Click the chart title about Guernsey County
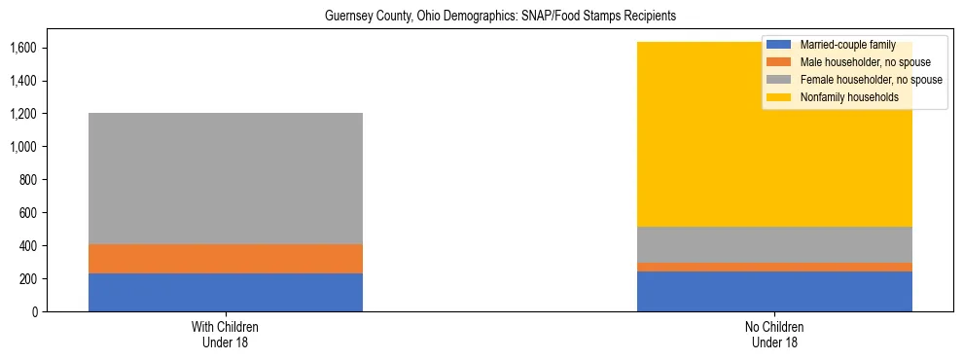click(x=481, y=17)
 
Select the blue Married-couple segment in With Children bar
click(x=226, y=292)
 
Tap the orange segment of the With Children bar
click(x=226, y=259)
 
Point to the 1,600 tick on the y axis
click(x=23, y=48)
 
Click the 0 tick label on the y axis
click(x=34, y=312)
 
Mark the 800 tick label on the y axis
click(x=27, y=180)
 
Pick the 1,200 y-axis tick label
click(x=23, y=114)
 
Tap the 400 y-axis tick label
click(x=27, y=246)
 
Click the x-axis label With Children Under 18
click(x=226, y=335)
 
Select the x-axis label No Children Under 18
click(x=774, y=335)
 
